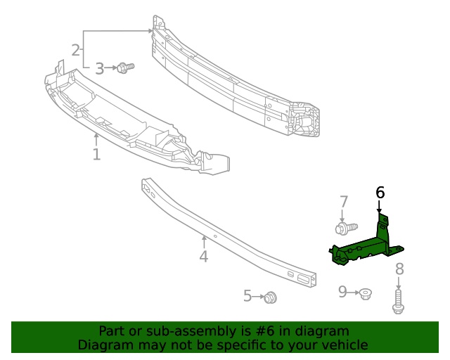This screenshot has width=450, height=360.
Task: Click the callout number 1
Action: (x=96, y=153)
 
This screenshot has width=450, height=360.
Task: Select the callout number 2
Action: (x=75, y=50)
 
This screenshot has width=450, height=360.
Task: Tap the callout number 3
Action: (x=99, y=68)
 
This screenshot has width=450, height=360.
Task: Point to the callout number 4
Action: (x=203, y=257)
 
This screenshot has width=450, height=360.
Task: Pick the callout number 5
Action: (x=247, y=296)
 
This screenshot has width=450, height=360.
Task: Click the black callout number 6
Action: (x=380, y=192)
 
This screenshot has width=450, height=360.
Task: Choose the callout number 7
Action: (x=344, y=202)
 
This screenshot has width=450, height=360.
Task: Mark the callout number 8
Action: (x=399, y=269)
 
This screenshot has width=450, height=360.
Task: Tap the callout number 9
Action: (x=342, y=291)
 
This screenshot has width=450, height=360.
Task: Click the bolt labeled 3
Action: (x=125, y=67)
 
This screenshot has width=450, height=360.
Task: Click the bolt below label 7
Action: (x=345, y=228)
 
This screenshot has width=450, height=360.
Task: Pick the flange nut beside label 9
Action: (x=365, y=292)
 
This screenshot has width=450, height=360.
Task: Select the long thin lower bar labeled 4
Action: (x=225, y=232)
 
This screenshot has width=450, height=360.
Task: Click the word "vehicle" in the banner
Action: (x=344, y=345)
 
